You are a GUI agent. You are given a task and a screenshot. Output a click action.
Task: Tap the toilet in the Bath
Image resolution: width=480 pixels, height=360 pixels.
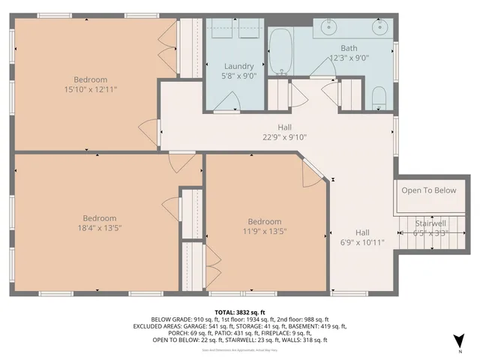coord(379,96)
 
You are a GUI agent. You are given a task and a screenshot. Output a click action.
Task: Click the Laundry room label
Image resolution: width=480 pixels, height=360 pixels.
coord(238,66)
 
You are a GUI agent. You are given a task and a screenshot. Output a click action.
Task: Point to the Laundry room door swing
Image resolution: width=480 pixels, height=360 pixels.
coord(232,98)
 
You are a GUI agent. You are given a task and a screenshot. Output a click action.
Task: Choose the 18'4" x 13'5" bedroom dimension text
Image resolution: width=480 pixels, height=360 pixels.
coord(99,229)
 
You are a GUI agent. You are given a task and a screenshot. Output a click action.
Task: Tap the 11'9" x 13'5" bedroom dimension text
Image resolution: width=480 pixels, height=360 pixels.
coord(265,231)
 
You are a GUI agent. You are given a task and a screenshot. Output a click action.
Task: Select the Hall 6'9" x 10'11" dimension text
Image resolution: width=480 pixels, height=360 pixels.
coord(362,242)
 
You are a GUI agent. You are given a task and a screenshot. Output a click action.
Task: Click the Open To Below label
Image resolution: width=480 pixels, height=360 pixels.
coord(428,190)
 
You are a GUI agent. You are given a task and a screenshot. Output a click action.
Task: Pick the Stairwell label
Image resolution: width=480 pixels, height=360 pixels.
coord(430,223)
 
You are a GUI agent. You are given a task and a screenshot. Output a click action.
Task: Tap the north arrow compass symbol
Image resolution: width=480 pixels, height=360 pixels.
coord(459,340)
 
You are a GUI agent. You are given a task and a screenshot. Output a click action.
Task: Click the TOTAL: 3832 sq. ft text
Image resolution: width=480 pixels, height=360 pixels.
coord(239,311)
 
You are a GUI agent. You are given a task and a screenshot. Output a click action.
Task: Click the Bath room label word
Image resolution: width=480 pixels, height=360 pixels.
coord(349,47)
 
